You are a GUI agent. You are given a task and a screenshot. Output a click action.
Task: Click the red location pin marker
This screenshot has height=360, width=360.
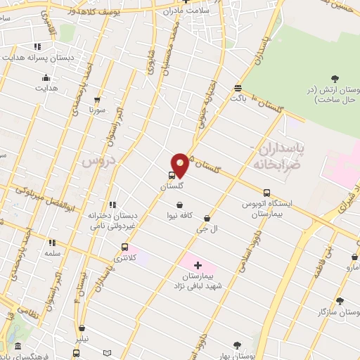pos(180,165)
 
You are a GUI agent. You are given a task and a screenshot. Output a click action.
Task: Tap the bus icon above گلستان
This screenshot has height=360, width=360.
pos(172,176)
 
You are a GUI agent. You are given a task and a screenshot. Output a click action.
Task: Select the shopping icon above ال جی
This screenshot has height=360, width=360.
pos(206,219)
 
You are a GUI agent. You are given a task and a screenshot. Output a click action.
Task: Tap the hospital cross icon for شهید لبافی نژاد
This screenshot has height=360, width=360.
pos(198,265)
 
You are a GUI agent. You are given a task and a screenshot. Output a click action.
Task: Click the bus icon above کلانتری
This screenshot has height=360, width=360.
pos(125,247)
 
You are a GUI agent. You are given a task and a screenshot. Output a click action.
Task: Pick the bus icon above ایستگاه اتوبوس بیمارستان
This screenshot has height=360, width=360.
pos(266,193)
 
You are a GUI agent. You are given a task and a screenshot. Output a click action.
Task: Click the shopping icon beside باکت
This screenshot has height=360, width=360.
pos(238,89)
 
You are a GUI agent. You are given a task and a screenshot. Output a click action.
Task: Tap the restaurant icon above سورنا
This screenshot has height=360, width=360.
pos(96,100)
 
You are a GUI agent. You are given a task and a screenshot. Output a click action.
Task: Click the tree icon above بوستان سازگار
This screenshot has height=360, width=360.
pos(340,301)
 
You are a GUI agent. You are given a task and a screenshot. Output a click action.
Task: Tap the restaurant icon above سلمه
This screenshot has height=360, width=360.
pos(52,243)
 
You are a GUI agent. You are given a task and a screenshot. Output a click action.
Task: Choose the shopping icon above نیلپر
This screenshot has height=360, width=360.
pos(82,328)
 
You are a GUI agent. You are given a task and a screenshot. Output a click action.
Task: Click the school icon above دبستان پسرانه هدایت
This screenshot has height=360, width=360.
pos(37,47)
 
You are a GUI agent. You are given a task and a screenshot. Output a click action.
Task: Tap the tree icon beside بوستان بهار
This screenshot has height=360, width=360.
pos(236,345)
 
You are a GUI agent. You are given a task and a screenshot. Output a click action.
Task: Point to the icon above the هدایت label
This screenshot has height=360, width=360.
pos(46,77)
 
